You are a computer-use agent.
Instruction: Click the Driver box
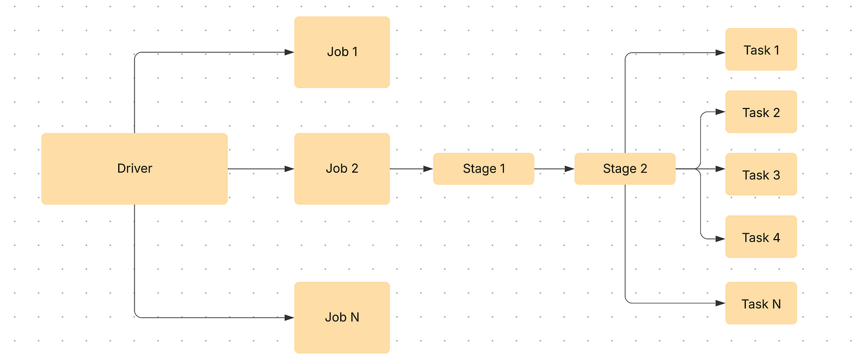pos(134,168)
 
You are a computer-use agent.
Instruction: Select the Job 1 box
pos(342,52)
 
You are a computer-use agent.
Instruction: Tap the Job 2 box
pos(342,168)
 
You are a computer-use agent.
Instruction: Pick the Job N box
pos(342,317)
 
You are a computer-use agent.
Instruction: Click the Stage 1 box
pos(483,169)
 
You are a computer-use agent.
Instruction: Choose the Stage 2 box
pos(625,169)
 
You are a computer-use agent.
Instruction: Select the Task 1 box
pos(761,50)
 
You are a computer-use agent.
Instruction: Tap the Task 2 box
pos(761,112)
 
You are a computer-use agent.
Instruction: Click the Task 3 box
pos(761,174)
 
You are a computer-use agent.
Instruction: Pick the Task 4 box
pos(761,237)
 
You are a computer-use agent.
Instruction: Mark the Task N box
pos(761,303)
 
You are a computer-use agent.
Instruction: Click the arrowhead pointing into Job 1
pos(289,52)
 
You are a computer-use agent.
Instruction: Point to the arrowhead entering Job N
pos(289,317)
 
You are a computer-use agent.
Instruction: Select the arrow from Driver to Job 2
pos(259,169)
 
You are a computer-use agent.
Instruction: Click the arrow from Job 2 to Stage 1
pos(410,169)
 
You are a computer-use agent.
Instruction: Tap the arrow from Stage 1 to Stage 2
pos(553,169)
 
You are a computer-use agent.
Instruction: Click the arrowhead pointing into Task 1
pos(720,53)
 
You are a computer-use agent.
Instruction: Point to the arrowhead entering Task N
pos(720,303)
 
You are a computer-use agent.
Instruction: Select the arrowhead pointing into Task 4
pos(720,239)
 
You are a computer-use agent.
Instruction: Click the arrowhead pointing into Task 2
pos(720,112)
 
